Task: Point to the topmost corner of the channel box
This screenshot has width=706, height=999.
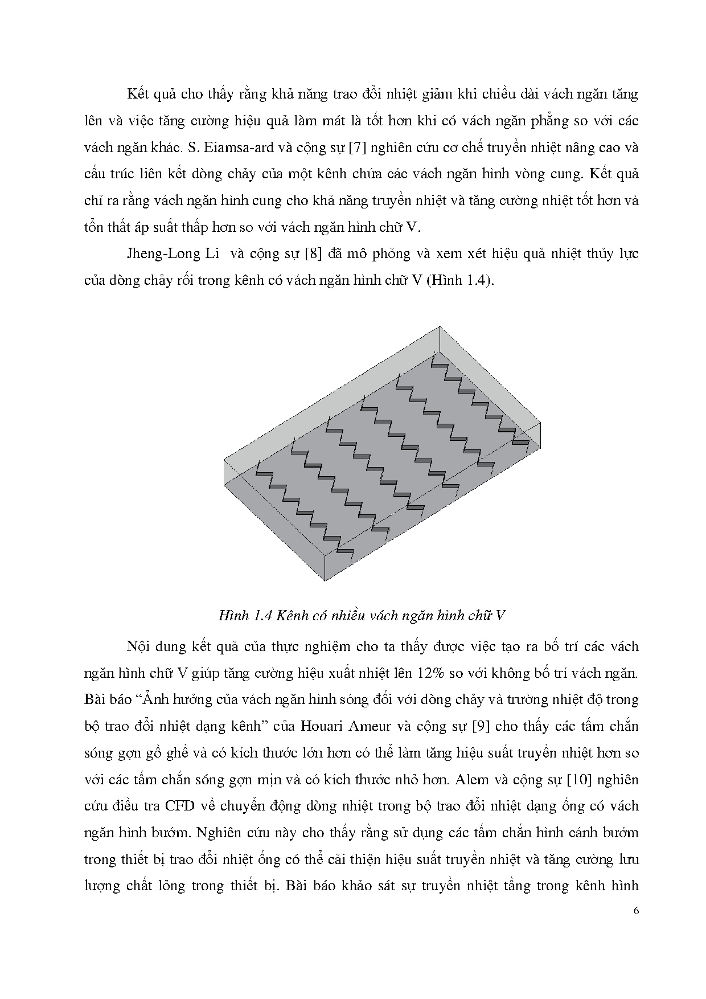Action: coord(440,327)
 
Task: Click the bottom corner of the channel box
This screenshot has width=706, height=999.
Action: coord(325,580)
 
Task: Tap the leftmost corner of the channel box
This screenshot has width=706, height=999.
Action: coord(224,459)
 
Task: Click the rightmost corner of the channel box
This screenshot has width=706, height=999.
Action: coord(540,423)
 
